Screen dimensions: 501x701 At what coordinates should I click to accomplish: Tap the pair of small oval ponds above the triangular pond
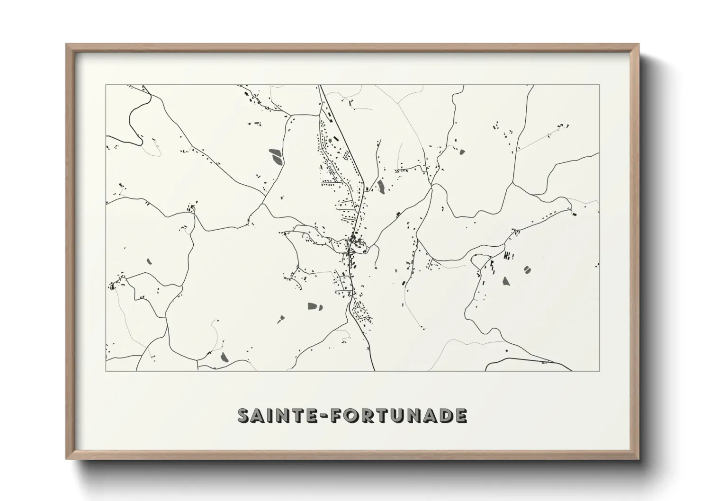[527, 269]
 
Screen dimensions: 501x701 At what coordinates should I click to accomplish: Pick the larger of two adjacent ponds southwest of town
[313, 306]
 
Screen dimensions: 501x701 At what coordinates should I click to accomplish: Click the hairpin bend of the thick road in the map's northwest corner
[140, 141]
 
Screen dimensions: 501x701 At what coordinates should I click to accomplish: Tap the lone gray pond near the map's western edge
[148, 261]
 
